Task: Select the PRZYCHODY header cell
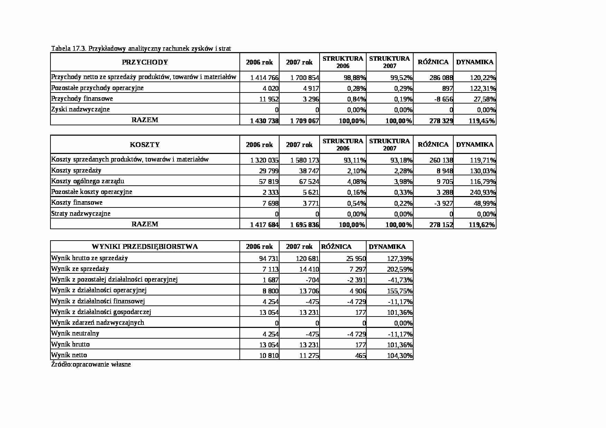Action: [x=145, y=62]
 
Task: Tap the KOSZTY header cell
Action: [x=145, y=145]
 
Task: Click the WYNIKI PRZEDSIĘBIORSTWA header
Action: [x=145, y=246]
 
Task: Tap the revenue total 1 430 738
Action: [x=264, y=121]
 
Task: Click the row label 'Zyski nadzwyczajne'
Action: [x=81, y=109]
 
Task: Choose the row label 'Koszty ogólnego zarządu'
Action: [x=88, y=181]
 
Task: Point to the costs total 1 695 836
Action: [x=304, y=225]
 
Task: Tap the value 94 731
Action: [x=268, y=259]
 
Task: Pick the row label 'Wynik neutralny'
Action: [x=75, y=333]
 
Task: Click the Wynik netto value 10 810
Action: [x=268, y=356]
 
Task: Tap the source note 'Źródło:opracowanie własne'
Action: [x=91, y=364]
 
